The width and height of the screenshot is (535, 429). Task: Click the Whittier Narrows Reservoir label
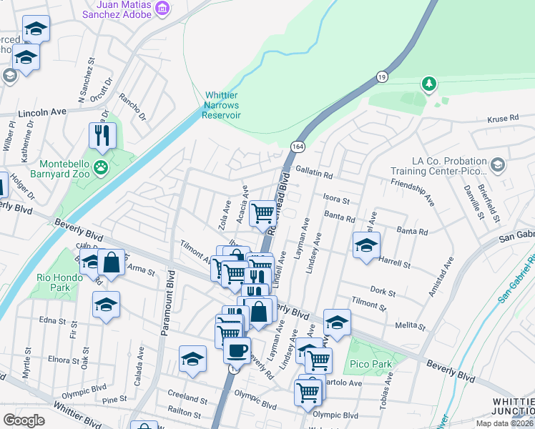(222, 105)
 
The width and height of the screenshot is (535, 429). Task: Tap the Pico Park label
(370, 364)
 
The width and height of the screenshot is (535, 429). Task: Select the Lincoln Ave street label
(42, 112)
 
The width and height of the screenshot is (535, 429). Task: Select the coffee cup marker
(237, 350)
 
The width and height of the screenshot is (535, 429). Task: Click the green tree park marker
(428, 85)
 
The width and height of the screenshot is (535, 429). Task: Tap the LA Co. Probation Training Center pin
(498, 166)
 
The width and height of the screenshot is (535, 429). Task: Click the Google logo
(24, 420)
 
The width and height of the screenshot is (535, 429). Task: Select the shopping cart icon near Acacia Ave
(263, 212)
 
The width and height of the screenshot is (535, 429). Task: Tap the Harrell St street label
(394, 264)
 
